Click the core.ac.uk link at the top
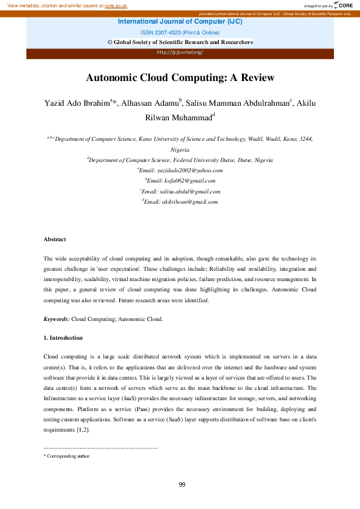116,5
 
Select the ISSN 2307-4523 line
180,32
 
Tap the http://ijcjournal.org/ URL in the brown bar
180,52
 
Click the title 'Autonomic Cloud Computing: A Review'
180,77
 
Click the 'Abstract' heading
54,240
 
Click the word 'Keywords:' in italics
57,319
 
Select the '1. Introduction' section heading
63,337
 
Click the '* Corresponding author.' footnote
67,456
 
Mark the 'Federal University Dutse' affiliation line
180,160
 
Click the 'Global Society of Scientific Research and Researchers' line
180,42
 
